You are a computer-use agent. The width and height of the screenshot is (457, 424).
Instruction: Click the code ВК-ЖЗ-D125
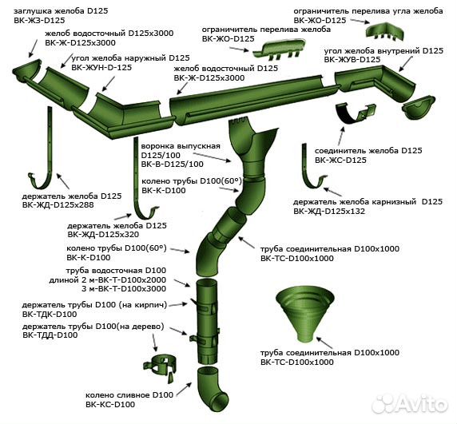[x=39, y=21]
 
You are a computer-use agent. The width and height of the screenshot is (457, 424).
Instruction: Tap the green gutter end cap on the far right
[x=419, y=108]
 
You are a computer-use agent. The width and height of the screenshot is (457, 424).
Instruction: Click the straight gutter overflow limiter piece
[x=279, y=50]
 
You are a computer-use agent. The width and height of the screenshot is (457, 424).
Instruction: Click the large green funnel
[x=305, y=314]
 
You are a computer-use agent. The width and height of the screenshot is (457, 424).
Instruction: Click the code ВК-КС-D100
[x=110, y=405]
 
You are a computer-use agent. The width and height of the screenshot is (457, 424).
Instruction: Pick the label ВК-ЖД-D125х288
[x=58, y=205]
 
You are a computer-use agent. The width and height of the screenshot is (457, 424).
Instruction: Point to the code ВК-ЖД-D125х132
[x=329, y=211]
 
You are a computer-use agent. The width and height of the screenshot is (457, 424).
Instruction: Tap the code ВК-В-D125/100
[x=173, y=164]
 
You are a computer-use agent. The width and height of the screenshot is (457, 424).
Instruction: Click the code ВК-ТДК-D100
[x=50, y=315]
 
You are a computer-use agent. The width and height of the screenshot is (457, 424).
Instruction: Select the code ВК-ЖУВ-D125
[x=352, y=60]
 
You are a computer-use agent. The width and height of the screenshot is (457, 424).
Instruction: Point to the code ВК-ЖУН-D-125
[x=101, y=68]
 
